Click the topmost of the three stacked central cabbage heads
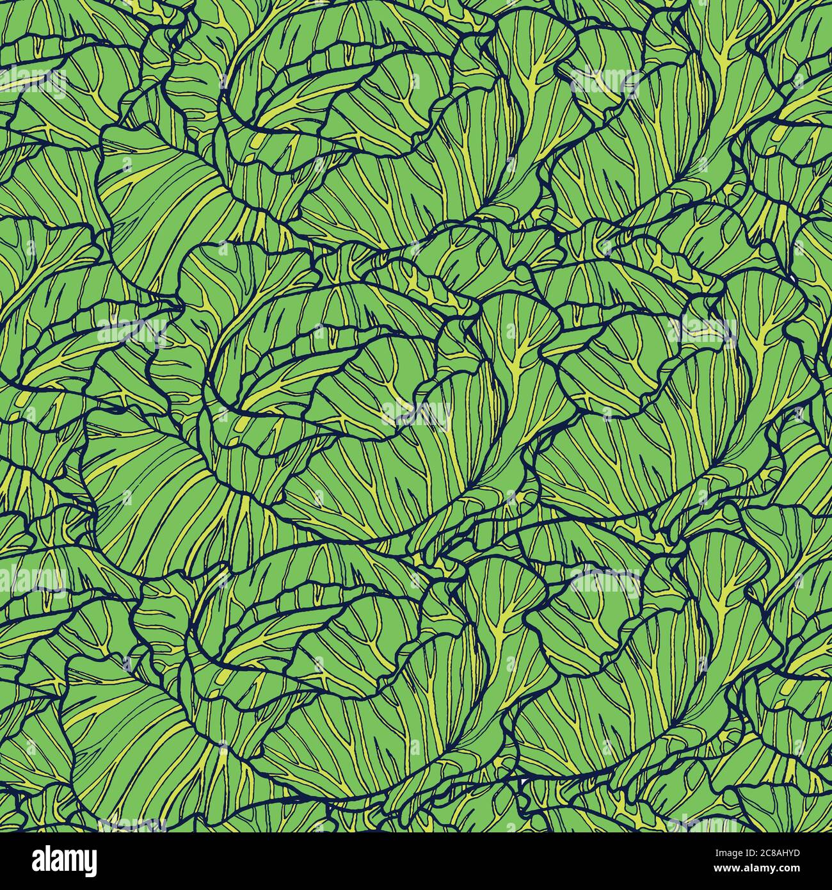358,128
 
